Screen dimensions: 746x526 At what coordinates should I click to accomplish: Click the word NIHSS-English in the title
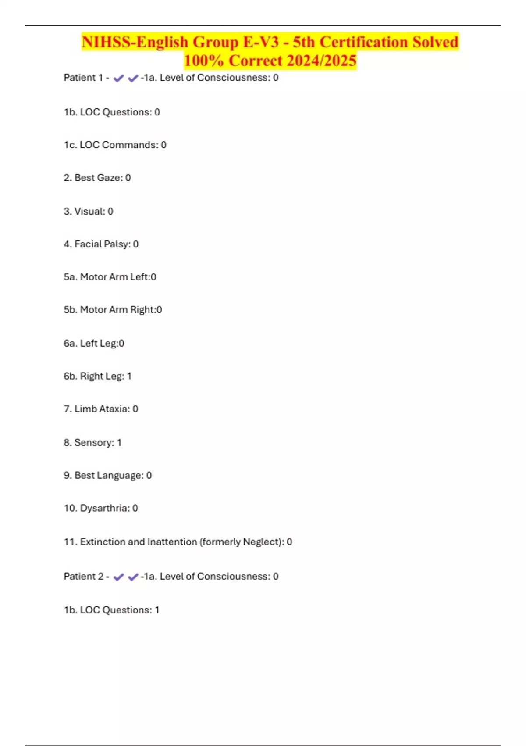coord(135,42)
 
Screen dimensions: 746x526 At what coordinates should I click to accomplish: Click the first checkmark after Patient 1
coord(118,79)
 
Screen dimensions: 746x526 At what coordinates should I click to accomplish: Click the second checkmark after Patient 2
coord(133,577)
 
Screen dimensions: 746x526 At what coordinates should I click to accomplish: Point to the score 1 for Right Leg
coord(129,376)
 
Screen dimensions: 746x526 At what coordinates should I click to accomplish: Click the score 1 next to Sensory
coord(119,442)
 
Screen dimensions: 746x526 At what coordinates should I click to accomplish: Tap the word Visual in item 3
coord(89,212)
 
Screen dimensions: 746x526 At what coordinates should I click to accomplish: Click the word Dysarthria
coord(104,508)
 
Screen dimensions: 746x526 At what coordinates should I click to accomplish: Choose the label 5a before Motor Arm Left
coord(70,277)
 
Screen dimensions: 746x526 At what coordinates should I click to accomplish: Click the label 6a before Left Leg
coord(70,343)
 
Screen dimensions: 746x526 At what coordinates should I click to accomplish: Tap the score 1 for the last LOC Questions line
coord(157,610)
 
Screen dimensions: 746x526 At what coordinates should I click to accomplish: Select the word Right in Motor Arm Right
coord(142,310)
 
